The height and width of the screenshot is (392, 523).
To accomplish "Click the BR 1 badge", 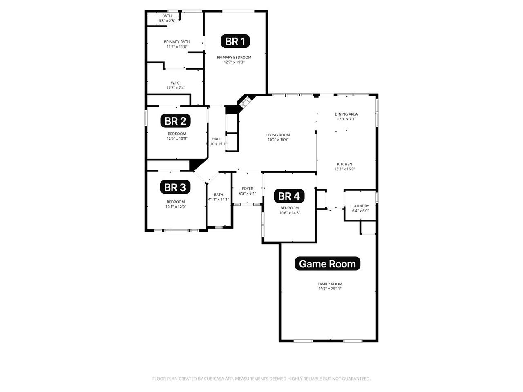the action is point(235,41).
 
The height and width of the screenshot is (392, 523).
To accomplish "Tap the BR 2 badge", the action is point(175,121).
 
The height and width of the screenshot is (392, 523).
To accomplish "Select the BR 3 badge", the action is point(175,187).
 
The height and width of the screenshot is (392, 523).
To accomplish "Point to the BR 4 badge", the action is point(289,196).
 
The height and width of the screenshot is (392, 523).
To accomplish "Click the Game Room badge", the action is point(327,264).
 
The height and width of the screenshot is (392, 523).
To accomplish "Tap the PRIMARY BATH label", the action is point(177,42).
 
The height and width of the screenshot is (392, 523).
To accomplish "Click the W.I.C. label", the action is point(176,83).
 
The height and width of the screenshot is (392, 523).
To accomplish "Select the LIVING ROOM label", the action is point(278,135).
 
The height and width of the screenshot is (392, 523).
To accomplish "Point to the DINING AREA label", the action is point(346,114).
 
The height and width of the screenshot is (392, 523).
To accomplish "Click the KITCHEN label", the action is point(344,164).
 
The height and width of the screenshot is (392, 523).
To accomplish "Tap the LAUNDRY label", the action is point(360,206).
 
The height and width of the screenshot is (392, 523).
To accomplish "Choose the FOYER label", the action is point(247,189).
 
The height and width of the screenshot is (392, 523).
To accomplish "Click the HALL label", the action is point(216,139).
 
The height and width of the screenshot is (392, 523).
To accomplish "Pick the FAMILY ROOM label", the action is point(330,284).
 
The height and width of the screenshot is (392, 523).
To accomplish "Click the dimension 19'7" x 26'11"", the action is point(330,289).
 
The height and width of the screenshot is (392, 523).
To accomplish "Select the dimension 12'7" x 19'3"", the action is point(234,62).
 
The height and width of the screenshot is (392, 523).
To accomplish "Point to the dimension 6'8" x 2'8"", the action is point(167,21).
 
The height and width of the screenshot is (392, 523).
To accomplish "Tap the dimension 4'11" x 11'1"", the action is point(218,199).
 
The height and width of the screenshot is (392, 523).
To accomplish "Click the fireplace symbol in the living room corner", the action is point(246,102).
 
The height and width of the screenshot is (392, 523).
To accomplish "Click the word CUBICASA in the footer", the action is point(214,379).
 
